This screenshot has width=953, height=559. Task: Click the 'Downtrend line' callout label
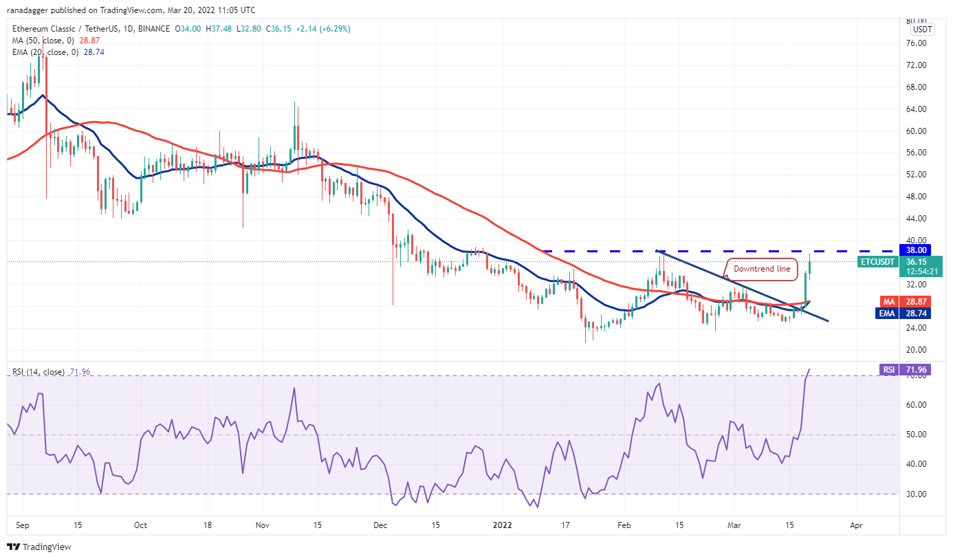point(762,269)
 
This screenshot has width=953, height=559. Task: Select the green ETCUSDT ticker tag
point(879,262)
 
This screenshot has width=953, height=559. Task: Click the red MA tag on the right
point(889,301)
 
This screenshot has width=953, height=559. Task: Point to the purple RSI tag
point(889,370)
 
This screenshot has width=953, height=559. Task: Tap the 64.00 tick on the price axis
point(917,109)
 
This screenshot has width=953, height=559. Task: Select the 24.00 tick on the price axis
point(917,328)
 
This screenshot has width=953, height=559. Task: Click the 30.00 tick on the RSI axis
point(917,494)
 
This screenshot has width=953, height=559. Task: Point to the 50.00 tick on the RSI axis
point(917,435)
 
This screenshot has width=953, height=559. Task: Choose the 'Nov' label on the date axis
point(262,525)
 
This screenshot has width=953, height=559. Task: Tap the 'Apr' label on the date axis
point(856,525)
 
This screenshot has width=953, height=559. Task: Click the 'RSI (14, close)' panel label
point(39,372)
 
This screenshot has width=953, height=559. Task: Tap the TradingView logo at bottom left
point(39,547)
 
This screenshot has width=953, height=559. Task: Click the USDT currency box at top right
point(922,30)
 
